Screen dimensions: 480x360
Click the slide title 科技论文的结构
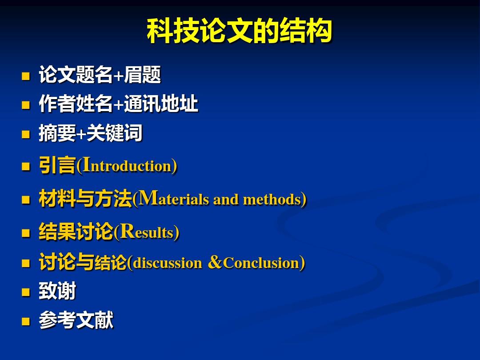pos(240,31)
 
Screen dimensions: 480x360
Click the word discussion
pos(168,263)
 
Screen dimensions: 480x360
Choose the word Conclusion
pos(261,263)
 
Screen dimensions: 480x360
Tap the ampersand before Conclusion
pos(215,262)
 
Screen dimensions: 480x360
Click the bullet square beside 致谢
pos(26,292)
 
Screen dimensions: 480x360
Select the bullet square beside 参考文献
pos(26,321)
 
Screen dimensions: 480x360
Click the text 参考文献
pos(76,320)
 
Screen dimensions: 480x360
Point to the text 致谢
pos(57,291)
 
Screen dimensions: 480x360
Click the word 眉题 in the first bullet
pos(142,75)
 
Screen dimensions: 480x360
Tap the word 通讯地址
pos(161,104)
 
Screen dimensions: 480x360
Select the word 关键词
pos(115,133)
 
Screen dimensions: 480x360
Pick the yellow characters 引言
pos(57,165)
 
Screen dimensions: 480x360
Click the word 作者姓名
pos(76,104)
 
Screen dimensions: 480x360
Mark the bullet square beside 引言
pos(26,166)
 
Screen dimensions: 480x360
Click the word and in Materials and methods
pos(226,200)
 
